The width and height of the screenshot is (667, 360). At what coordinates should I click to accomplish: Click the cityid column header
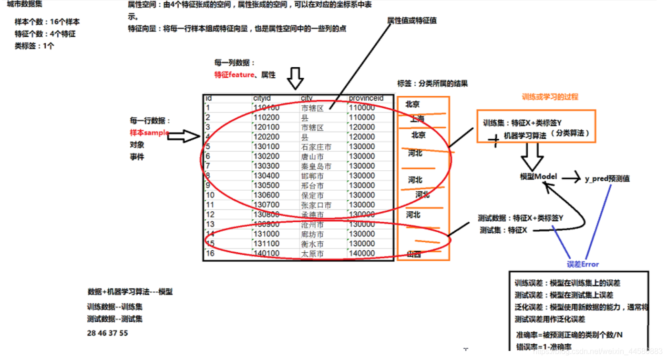pos(262,98)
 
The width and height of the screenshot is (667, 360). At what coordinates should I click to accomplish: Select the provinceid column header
pos(366,98)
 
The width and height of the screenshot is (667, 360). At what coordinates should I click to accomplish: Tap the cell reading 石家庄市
pos(316,147)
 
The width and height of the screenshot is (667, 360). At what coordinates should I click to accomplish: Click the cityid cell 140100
pos(267,254)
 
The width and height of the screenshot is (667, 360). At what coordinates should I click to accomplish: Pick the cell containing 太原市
pos(312,254)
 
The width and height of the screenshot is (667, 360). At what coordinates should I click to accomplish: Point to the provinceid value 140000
pos(362,254)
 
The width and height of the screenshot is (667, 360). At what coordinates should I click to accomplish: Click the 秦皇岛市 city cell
pos(316,166)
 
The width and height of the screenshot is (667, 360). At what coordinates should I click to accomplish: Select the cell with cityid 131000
pos(267,234)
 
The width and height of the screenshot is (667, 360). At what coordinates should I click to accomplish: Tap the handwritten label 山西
pos(414,254)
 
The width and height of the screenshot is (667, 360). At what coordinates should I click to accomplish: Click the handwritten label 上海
pos(417,119)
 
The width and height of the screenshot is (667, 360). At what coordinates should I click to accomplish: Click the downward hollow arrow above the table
pos(296,78)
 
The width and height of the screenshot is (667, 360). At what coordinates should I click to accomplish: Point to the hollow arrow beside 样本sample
pos(184,136)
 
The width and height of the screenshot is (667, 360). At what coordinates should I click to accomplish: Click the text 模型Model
pos(538,177)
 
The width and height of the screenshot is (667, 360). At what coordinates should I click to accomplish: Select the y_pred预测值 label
pos(607,178)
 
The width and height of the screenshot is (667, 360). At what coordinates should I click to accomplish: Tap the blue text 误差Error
pos(583,264)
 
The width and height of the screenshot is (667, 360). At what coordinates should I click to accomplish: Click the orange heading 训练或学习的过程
pos(550,97)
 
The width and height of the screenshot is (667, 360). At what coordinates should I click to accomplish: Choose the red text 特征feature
pos(234,75)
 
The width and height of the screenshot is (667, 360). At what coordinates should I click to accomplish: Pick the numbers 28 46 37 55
pos(107,333)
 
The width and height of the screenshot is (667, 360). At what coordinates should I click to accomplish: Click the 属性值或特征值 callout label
pos(412,21)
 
